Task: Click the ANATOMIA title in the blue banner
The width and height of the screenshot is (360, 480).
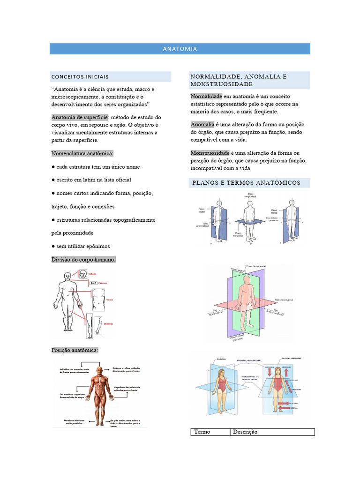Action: (x=180, y=49)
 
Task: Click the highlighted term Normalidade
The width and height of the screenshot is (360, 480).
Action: (x=206, y=96)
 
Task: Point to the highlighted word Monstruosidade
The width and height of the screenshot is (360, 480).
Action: (x=210, y=153)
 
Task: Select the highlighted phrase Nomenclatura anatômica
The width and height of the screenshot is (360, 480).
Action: (x=82, y=153)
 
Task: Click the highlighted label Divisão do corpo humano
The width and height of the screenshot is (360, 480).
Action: (x=83, y=259)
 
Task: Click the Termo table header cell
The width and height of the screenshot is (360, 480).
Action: (x=202, y=432)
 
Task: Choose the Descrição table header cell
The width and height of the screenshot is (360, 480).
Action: (x=245, y=432)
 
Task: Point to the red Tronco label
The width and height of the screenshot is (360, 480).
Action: (x=110, y=299)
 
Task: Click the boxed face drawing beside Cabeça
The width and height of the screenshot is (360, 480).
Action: (x=82, y=274)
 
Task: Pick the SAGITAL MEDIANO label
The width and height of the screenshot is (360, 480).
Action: (x=291, y=358)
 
